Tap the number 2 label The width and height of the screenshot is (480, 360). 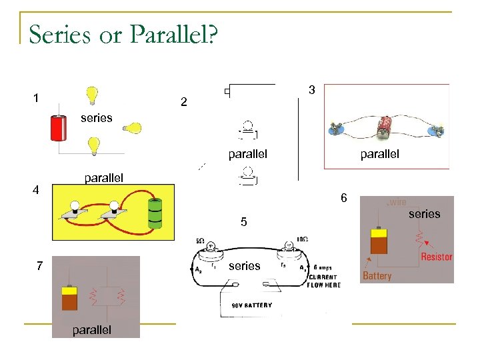tap(184, 103)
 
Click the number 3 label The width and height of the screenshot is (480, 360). tap(311, 89)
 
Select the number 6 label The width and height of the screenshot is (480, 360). tap(343, 198)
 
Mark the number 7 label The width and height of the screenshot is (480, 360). tap(39, 266)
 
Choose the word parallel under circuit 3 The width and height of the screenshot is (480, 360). tap(379, 154)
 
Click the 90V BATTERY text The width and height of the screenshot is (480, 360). tap(251, 305)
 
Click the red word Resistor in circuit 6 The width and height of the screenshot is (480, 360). tap(436, 257)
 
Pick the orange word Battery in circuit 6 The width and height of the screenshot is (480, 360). tap(377, 275)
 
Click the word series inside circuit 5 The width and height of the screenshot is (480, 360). tap(244, 266)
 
